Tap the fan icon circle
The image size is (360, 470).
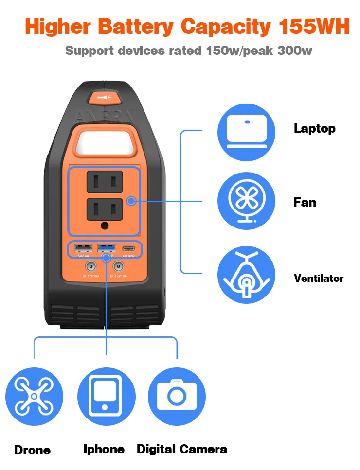pyautogui.click(x=246, y=201)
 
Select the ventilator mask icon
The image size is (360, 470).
pyautogui.click(x=246, y=275)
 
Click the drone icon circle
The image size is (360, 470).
pyautogui.click(x=34, y=397)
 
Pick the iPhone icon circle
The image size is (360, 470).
pyautogui.click(x=106, y=397)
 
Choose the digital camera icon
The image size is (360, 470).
pyautogui.click(x=177, y=397)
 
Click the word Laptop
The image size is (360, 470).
pyautogui.click(x=314, y=129)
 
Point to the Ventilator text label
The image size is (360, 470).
pyautogui.click(x=318, y=279)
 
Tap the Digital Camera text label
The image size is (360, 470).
pyautogui.click(x=181, y=449)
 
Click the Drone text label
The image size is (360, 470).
pyautogui.click(x=32, y=450)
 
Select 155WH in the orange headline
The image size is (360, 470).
pyautogui.click(x=314, y=27)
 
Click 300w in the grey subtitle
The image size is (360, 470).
pyautogui.click(x=294, y=51)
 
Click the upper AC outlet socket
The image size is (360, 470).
pyautogui.click(x=104, y=183)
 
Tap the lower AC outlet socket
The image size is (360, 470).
pyautogui.click(x=104, y=209)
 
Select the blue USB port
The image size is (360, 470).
pyautogui.click(x=105, y=249)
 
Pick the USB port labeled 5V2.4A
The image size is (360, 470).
pyautogui.click(x=81, y=249)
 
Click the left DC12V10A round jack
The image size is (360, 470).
pyautogui.click(x=90, y=266)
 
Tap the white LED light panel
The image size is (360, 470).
pyautogui.click(x=104, y=140)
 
